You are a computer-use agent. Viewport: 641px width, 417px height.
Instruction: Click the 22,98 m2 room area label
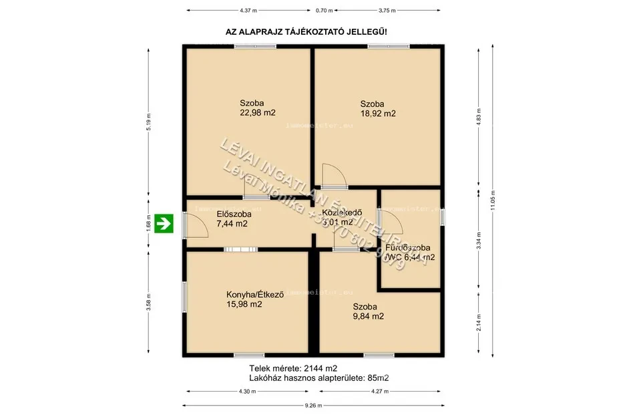pos(258,113)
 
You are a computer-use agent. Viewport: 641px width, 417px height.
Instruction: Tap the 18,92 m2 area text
pos(378,114)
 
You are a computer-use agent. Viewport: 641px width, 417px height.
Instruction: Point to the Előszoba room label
pos(234,214)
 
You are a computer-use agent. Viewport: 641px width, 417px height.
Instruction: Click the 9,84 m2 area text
pos(368,316)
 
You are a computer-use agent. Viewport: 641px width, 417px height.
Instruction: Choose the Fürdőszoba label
pos(403,247)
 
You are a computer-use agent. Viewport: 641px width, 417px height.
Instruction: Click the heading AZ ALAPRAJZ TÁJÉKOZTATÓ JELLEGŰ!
pos(308,31)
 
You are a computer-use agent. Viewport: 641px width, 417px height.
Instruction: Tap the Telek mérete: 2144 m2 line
pos(293,368)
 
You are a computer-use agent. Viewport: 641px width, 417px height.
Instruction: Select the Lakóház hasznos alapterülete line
pos(314,378)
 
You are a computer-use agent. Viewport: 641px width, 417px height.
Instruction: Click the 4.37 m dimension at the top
pos(248,11)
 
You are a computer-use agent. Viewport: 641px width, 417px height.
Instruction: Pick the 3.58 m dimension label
pos(150,301)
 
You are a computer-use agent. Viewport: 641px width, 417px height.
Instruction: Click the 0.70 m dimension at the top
pos(324,11)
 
